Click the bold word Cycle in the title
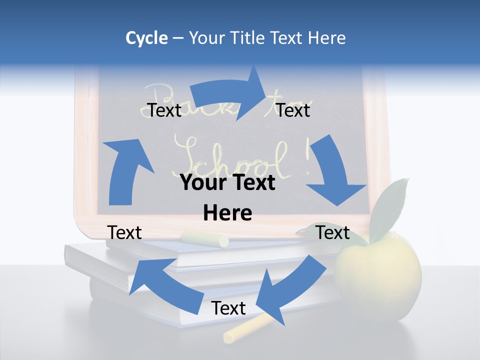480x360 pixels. (x=146, y=38)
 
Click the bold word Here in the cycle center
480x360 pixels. (x=227, y=213)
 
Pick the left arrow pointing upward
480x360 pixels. (x=125, y=170)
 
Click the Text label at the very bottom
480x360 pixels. (x=228, y=308)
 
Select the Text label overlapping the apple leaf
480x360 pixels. (x=333, y=232)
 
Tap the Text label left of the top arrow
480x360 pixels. (x=164, y=110)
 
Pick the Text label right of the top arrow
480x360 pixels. (x=293, y=110)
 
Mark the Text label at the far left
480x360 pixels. (x=124, y=232)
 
